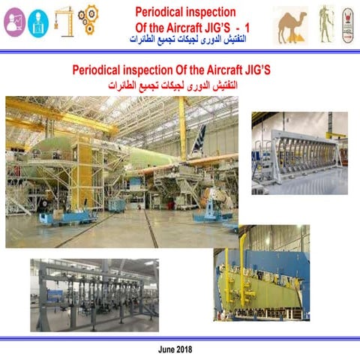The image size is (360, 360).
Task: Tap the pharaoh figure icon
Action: [x=324, y=23]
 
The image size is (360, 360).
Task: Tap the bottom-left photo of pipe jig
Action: [x=93, y=294]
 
